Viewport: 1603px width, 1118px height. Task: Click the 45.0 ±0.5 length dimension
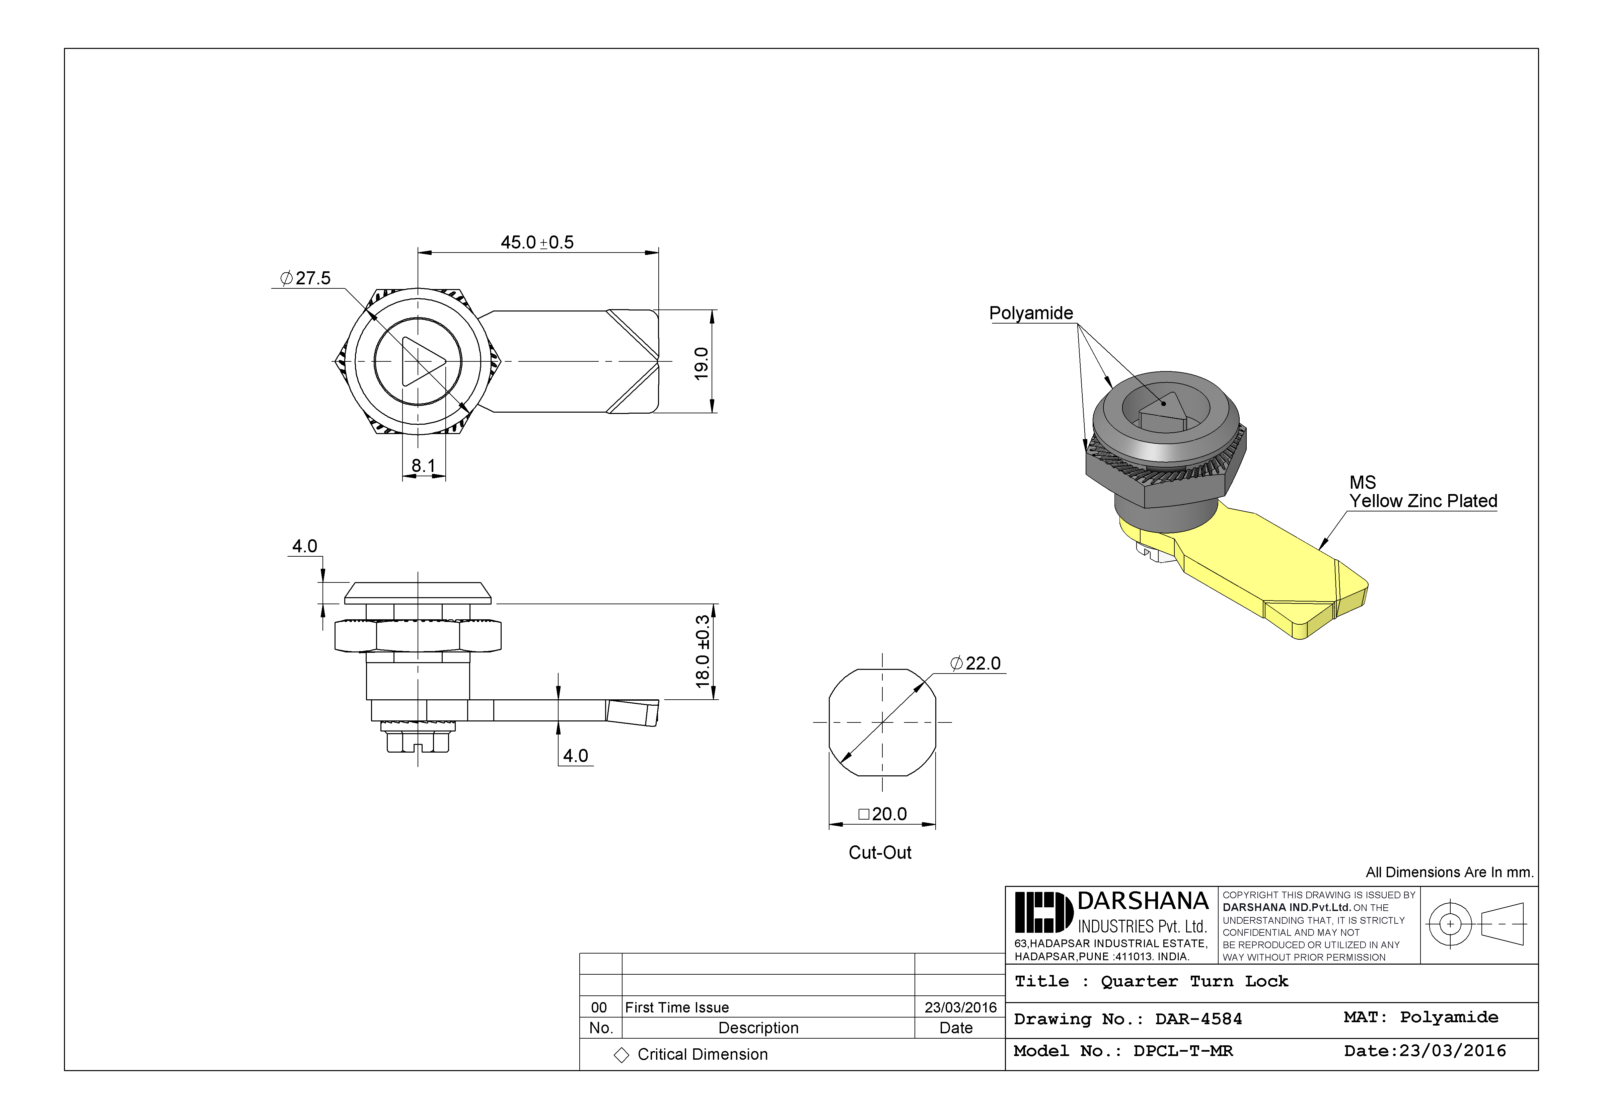(537, 242)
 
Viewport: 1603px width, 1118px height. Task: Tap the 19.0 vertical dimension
(702, 363)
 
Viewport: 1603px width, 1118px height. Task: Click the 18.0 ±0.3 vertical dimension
(702, 651)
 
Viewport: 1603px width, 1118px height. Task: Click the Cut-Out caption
(880, 853)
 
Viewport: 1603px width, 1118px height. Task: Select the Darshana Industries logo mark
(1043, 912)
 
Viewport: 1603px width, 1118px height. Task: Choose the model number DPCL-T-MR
(1183, 1051)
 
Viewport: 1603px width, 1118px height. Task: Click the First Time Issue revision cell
(676, 1007)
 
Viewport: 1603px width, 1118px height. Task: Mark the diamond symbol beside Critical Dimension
(621, 1055)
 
